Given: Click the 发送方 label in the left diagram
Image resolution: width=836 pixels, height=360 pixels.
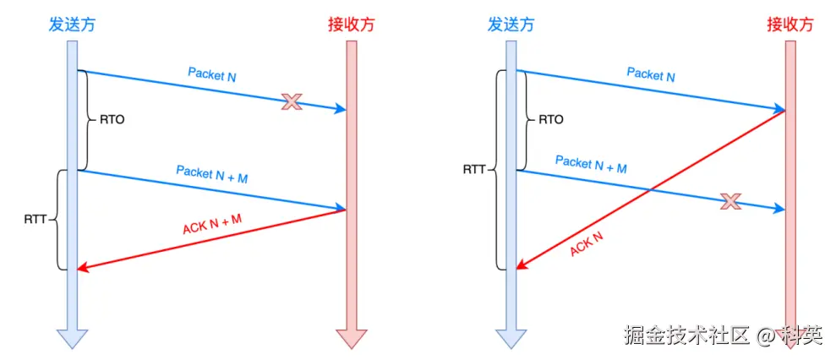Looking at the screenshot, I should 71,24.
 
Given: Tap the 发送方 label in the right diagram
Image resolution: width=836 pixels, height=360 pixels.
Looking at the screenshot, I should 511,24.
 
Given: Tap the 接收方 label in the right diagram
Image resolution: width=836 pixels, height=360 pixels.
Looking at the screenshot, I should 791,24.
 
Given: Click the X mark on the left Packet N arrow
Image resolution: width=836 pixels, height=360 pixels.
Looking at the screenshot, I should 292,102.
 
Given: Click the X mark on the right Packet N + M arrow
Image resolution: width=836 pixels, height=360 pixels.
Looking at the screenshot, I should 730,201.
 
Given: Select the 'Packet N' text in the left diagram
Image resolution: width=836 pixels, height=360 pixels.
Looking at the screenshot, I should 212,74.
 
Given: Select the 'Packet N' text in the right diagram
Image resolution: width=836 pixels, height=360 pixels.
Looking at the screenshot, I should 651,74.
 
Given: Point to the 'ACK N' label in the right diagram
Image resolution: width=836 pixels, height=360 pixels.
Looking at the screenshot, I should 587,242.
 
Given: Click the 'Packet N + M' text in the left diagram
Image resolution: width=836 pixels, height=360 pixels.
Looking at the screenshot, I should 212,173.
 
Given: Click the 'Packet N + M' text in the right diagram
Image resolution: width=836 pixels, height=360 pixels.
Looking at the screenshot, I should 591,164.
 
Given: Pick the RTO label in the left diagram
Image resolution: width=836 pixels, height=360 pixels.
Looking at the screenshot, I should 112,120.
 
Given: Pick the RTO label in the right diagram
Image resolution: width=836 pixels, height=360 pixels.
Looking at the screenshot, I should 550,120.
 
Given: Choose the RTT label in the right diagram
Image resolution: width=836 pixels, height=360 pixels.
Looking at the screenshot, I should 474,169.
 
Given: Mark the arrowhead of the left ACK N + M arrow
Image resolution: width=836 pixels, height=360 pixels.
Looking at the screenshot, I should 82,269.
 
